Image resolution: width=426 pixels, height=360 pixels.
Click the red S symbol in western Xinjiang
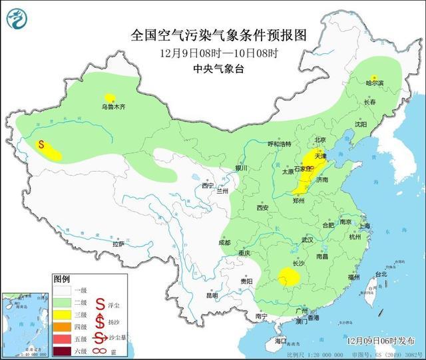coord(41,144)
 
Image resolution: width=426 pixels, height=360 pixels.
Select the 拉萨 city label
coord(118,244)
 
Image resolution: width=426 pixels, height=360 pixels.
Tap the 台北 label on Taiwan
coord(380,274)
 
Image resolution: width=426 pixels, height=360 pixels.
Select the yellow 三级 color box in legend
coord(62,313)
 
